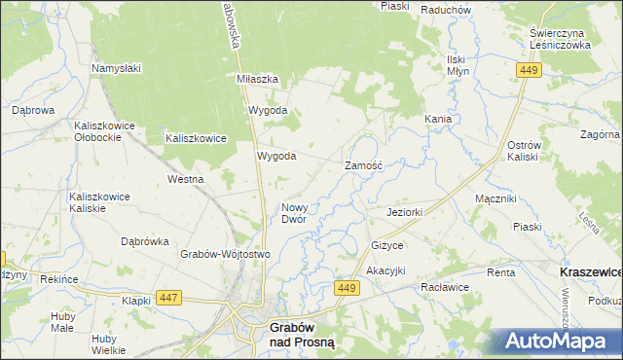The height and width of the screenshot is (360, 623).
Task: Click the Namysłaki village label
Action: tap(117, 68)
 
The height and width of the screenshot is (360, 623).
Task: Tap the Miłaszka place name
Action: tap(258, 79)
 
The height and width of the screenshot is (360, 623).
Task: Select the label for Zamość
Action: tap(365, 166)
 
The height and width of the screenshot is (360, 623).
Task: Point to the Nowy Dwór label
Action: tap(294, 213)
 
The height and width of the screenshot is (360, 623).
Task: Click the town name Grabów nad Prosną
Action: tap(298, 336)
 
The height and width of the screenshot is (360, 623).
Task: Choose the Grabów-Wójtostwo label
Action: tap(224, 254)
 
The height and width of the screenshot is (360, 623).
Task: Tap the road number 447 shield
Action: tap(168, 298)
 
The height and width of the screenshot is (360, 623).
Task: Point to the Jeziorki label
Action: tap(404, 212)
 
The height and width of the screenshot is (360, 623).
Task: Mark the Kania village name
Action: tap(437, 119)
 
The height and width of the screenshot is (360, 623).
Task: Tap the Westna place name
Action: tap(185, 179)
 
